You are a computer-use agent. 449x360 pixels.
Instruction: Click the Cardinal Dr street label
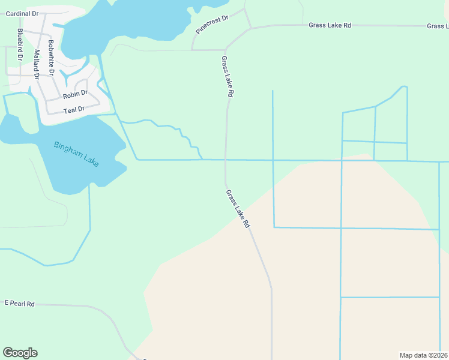[22, 13]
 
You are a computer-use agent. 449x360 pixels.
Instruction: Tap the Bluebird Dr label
[20, 44]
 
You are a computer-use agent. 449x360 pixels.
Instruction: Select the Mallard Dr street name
[37, 61]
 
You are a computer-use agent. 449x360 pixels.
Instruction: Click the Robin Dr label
[75, 94]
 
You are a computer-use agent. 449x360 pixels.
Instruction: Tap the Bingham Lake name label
[76, 154]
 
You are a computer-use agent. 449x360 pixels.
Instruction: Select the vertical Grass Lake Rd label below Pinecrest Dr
[227, 77]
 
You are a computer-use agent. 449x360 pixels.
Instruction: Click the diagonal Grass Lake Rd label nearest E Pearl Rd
[237, 209]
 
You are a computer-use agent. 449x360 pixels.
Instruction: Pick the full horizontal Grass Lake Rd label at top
[330, 25]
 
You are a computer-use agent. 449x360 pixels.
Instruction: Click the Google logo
[20, 353]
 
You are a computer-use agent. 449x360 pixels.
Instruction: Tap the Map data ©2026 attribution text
[424, 355]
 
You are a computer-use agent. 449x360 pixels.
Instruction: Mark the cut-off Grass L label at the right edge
[438, 26]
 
